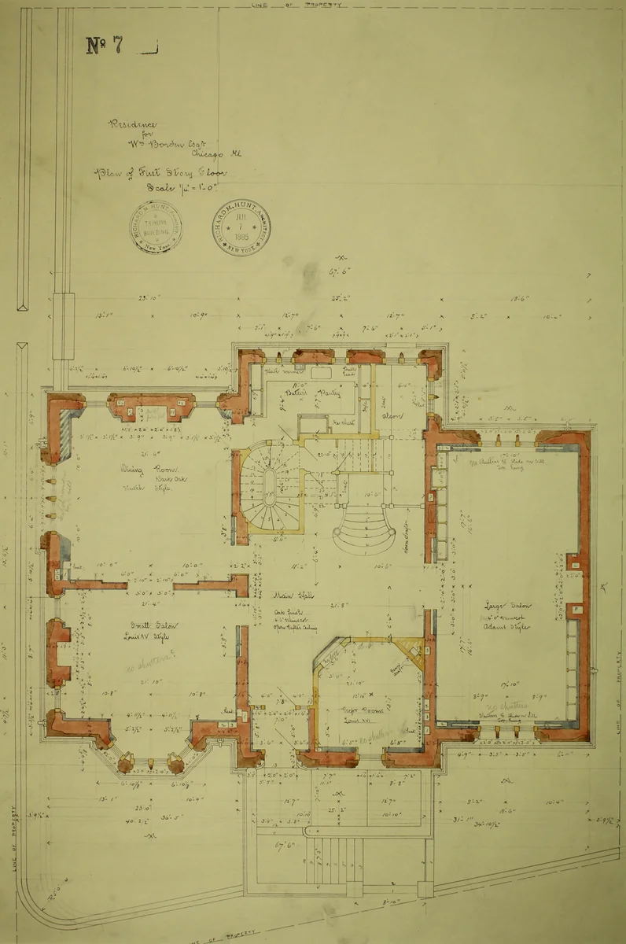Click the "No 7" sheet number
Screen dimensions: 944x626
pos(105,46)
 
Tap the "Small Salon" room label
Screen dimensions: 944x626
pos(155,625)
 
